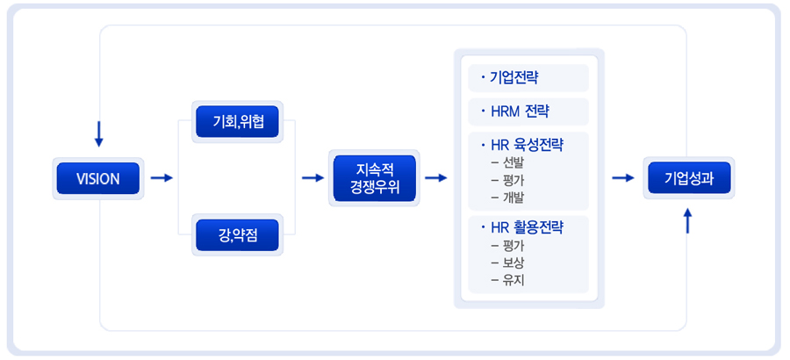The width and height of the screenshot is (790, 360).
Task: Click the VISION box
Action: tap(98, 178)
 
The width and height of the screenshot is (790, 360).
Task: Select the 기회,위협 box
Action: tap(237, 120)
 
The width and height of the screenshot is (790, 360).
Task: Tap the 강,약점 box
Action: tap(237, 234)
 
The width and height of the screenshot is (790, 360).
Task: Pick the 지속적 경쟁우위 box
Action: tap(374, 178)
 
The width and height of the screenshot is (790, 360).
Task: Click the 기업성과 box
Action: tap(688, 178)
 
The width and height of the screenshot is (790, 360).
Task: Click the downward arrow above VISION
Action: tap(98, 133)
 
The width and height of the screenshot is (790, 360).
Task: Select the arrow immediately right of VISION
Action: tap(162, 178)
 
